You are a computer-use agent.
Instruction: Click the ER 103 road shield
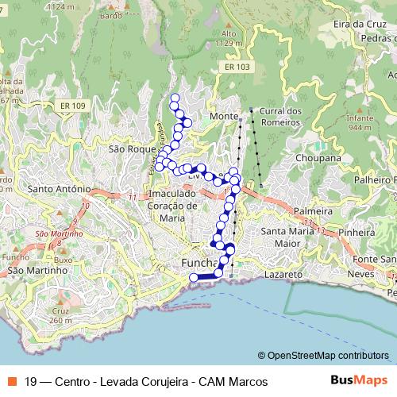239,67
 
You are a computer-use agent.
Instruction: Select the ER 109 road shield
71,106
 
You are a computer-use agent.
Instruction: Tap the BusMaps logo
358,381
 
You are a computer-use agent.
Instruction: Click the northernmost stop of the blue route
175,98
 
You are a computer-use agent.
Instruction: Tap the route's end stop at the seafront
193,276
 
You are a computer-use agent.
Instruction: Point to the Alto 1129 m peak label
229,39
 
